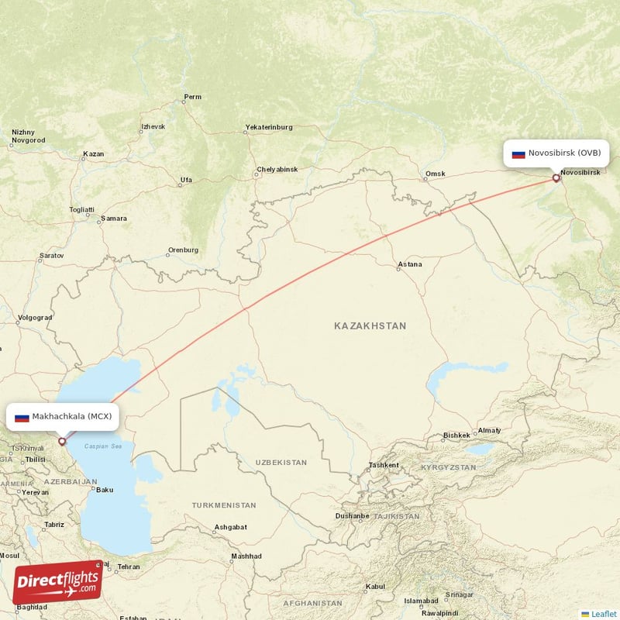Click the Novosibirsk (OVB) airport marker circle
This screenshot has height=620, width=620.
[556, 178]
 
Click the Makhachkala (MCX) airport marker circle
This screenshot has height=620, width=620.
[62, 441]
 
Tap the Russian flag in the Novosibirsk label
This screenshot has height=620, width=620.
[518, 153]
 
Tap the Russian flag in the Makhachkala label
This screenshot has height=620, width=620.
[22, 417]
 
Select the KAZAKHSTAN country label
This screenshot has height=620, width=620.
[370, 326]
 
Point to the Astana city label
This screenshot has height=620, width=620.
[409, 264]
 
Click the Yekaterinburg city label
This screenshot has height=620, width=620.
[269, 126]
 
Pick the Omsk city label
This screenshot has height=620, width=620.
[436, 174]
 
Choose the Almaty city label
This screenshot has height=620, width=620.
[489, 430]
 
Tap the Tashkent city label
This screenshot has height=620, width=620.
[384, 465]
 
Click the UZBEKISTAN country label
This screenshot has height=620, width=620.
[281, 463]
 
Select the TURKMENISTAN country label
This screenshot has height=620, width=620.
[224, 505]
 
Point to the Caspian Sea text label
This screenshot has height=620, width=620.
[103, 446]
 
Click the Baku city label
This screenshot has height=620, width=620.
[104, 489]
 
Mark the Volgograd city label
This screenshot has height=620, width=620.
[35, 318]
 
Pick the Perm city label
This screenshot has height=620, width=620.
[192, 97]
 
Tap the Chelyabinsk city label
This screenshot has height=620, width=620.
[277, 169]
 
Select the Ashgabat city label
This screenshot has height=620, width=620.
[231, 527]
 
